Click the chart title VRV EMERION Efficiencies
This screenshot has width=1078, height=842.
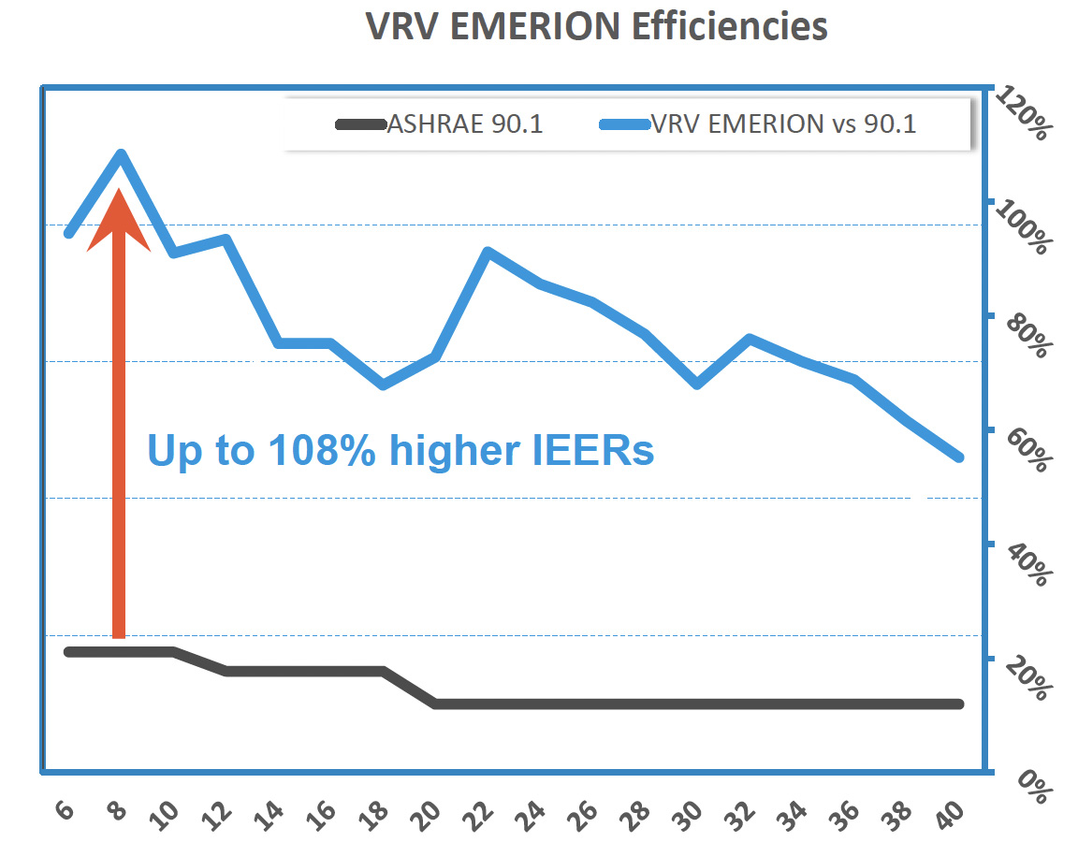[x=595, y=26]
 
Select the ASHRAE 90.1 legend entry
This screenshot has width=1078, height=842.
[x=464, y=124]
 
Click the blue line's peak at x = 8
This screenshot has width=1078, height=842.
[x=121, y=154]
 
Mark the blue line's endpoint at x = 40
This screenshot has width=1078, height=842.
[x=958, y=457]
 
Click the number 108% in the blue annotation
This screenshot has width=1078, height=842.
[x=321, y=451]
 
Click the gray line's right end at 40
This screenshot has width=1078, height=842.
[x=958, y=704]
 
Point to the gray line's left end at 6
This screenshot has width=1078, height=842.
[x=68, y=651]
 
